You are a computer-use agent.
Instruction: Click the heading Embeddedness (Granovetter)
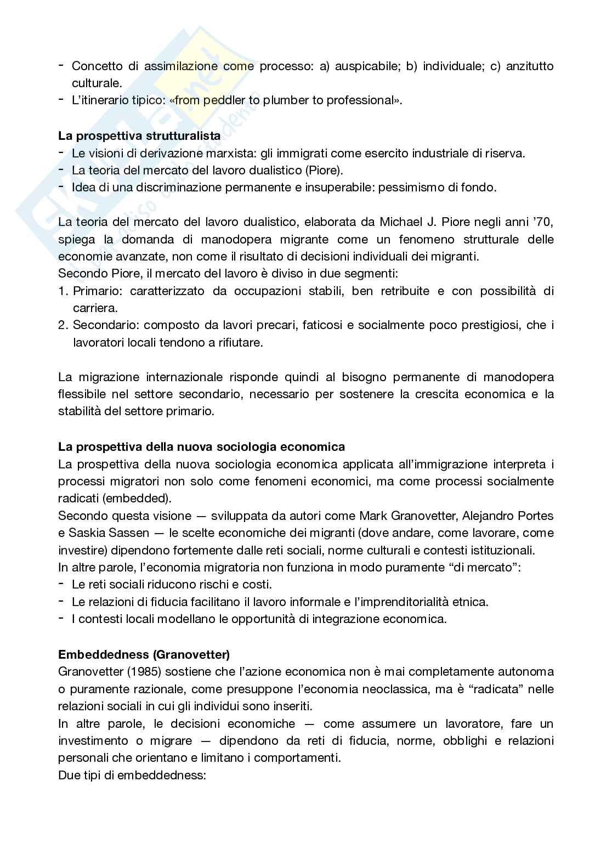click(144, 654)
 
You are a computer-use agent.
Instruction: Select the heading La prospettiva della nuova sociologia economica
click(201, 446)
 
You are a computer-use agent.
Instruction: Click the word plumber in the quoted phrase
click(286, 100)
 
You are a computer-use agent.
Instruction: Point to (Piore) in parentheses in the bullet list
click(323, 170)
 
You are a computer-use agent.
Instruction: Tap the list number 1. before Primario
click(63, 291)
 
